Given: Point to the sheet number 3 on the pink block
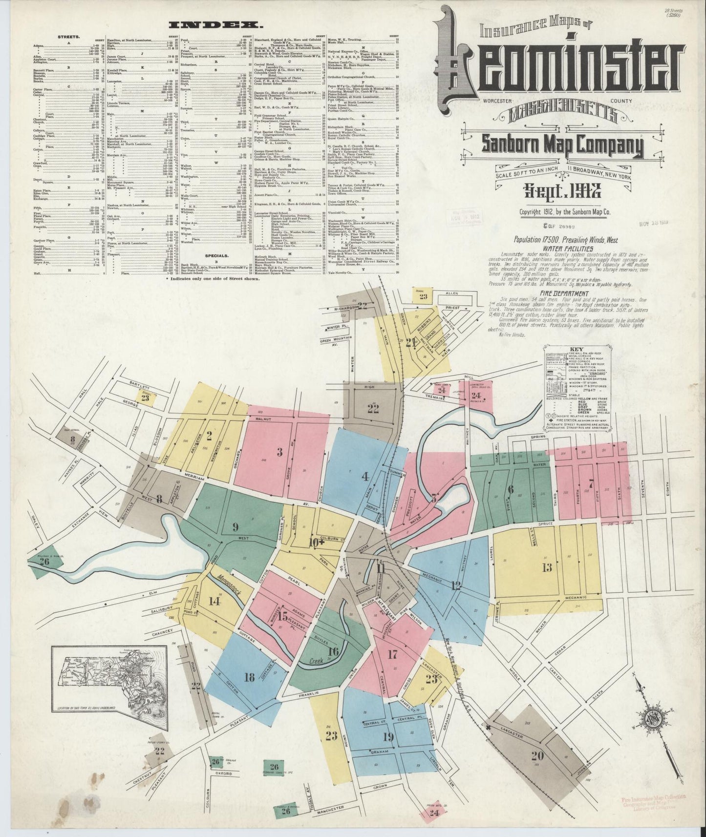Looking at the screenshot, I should (x=279, y=452).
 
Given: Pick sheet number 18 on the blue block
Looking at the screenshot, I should (x=249, y=676).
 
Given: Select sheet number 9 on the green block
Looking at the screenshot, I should (x=235, y=526).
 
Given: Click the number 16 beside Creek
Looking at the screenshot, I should (x=334, y=651).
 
